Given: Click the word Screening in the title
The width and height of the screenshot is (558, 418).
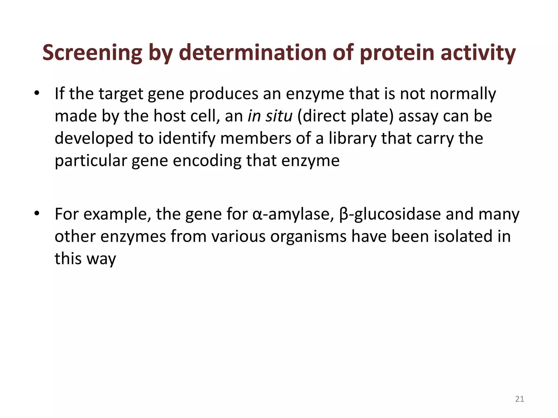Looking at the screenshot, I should [92, 53].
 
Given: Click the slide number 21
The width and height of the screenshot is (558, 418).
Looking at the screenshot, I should [520, 399].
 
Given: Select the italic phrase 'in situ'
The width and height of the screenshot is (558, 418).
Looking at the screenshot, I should [270, 116].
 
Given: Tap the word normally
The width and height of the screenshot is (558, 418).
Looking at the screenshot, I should [463, 94].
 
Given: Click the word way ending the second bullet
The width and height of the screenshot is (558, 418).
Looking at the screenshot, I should [101, 259].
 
